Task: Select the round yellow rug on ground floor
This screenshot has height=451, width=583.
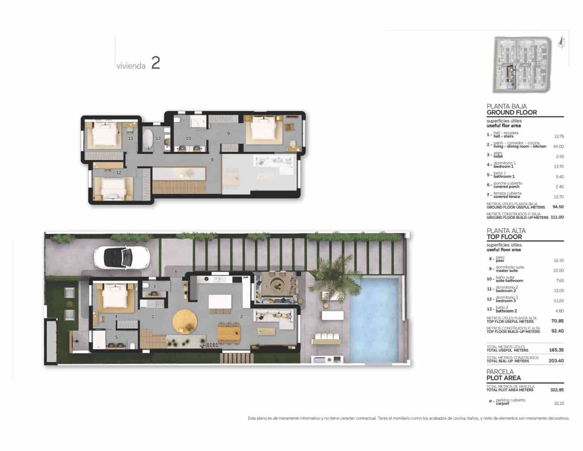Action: [x=185, y=321]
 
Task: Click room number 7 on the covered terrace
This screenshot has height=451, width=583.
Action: [x=266, y=287]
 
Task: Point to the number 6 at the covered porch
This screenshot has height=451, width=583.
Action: [x=176, y=271]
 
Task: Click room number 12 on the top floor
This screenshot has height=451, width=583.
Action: [x=119, y=173]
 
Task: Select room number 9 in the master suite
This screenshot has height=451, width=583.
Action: [x=228, y=133]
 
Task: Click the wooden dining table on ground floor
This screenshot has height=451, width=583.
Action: [x=229, y=333]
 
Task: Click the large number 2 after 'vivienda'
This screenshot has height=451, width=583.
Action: [x=156, y=63]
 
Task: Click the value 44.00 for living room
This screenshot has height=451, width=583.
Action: [x=558, y=147]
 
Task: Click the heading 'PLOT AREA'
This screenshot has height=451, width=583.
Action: [x=503, y=378]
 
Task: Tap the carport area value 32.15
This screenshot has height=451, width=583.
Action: [x=559, y=403]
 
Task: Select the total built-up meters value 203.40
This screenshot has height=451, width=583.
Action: [x=556, y=361]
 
